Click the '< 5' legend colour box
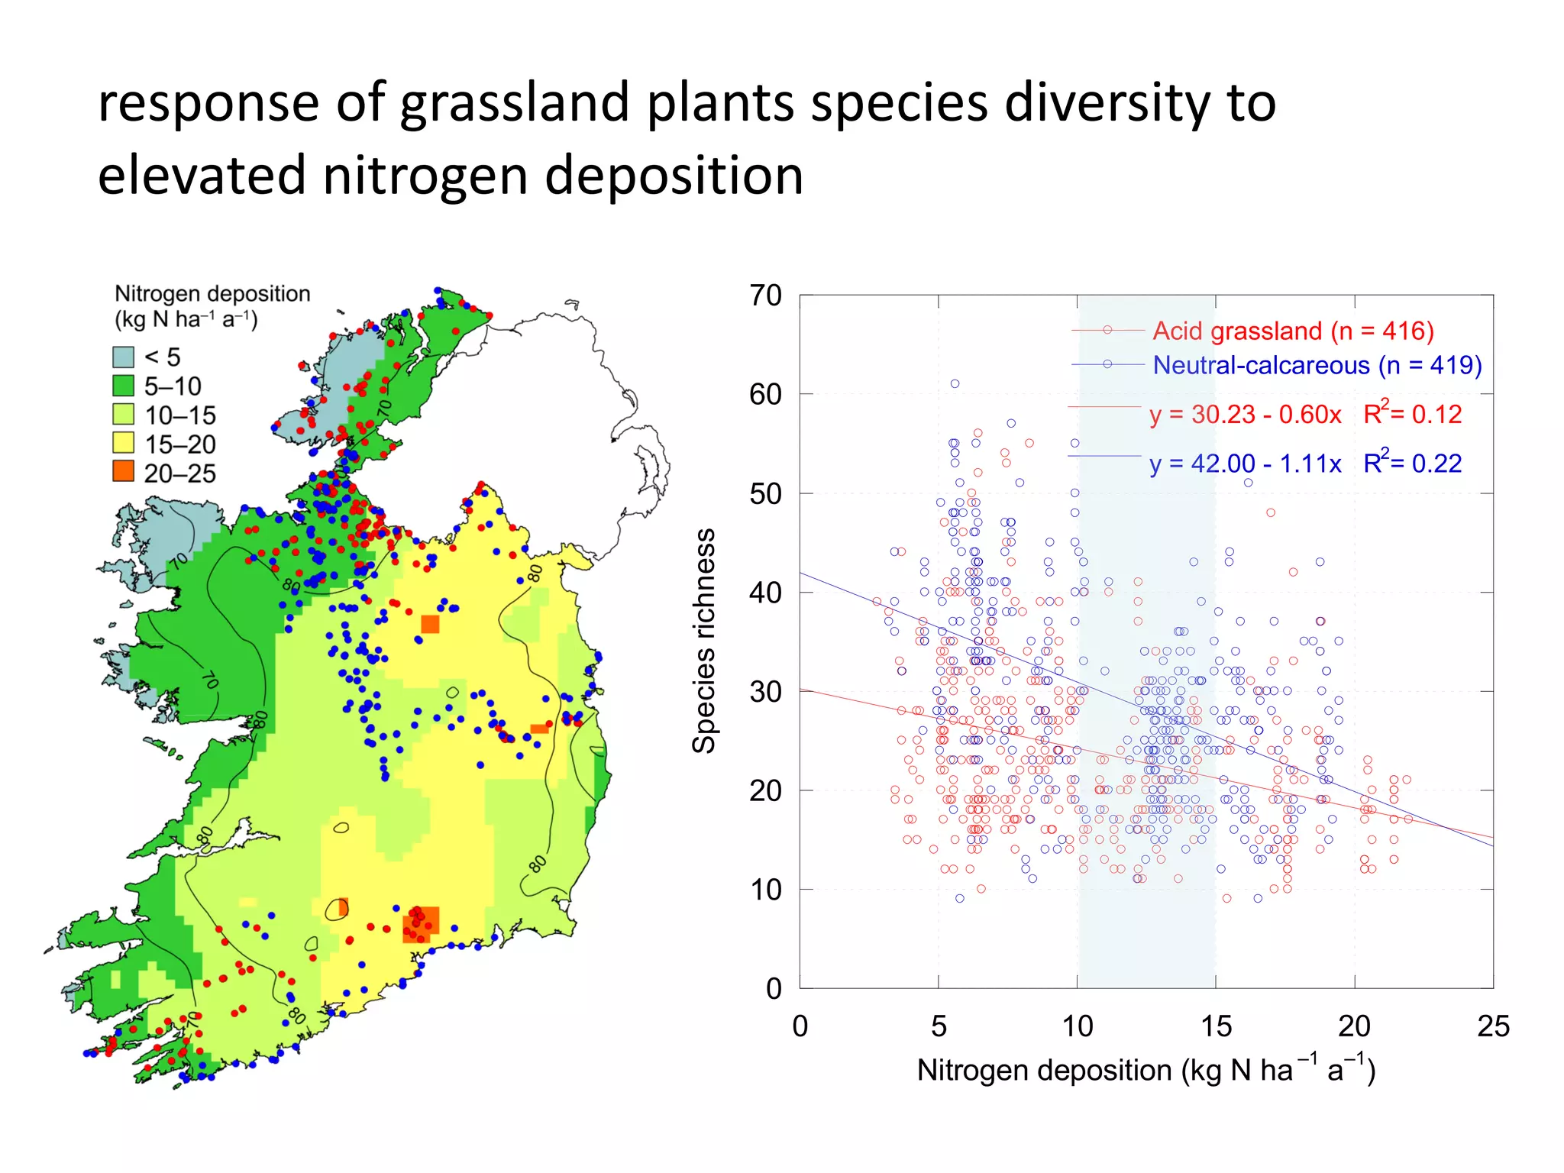point(123,357)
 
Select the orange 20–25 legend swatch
point(123,471)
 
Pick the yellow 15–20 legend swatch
point(123,443)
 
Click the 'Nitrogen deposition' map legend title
point(212,294)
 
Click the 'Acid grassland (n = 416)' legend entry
point(1293,331)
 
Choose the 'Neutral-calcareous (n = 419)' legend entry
point(1317,365)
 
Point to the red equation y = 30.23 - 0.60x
point(1245,414)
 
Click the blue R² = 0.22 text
point(1412,463)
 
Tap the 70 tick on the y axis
point(765,296)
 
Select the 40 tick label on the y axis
point(765,593)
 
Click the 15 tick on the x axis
point(1216,1026)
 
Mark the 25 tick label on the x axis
point(1492,1026)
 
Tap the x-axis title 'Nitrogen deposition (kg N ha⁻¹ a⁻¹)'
point(1146,1069)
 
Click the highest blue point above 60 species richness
point(955,384)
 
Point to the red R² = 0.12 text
point(1412,414)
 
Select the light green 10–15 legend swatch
point(123,415)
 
